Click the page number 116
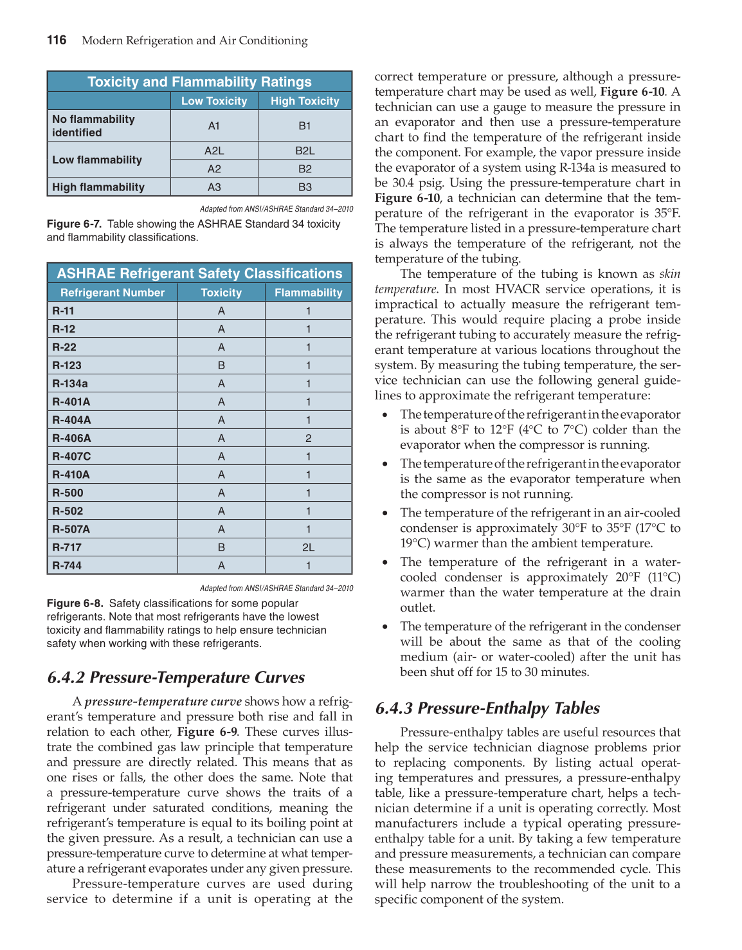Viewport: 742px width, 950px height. (x=57, y=40)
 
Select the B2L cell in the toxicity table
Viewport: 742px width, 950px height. (x=305, y=151)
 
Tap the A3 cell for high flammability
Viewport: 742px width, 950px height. (x=214, y=187)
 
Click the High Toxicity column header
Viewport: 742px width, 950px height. (x=305, y=101)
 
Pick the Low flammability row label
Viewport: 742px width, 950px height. (x=97, y=160)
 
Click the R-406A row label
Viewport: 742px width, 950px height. (x=71, y=438)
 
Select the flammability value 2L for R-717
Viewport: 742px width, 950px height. (x=308, y=547)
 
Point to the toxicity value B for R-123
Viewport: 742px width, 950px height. (x=221, y=365)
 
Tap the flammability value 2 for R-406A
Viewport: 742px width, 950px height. (x=308, y=438)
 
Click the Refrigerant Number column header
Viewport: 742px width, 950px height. (x=113, y=293)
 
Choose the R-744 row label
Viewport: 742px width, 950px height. (x=67, y=565)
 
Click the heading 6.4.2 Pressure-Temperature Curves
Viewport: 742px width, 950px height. (x=176, y=677)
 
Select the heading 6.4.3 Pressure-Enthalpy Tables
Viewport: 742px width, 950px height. (x=487, y=708)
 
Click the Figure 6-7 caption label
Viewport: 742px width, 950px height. (x=74, y=224)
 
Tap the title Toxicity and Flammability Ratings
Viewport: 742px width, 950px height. (x=199, y=82)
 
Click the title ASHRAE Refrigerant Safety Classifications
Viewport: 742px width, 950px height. (x=199, y=273)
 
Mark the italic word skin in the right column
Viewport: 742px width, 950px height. (x=669, y=274)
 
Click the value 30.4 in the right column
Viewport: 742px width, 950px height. (x=403, y=183)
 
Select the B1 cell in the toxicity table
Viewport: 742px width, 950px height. (x=305, y=126)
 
